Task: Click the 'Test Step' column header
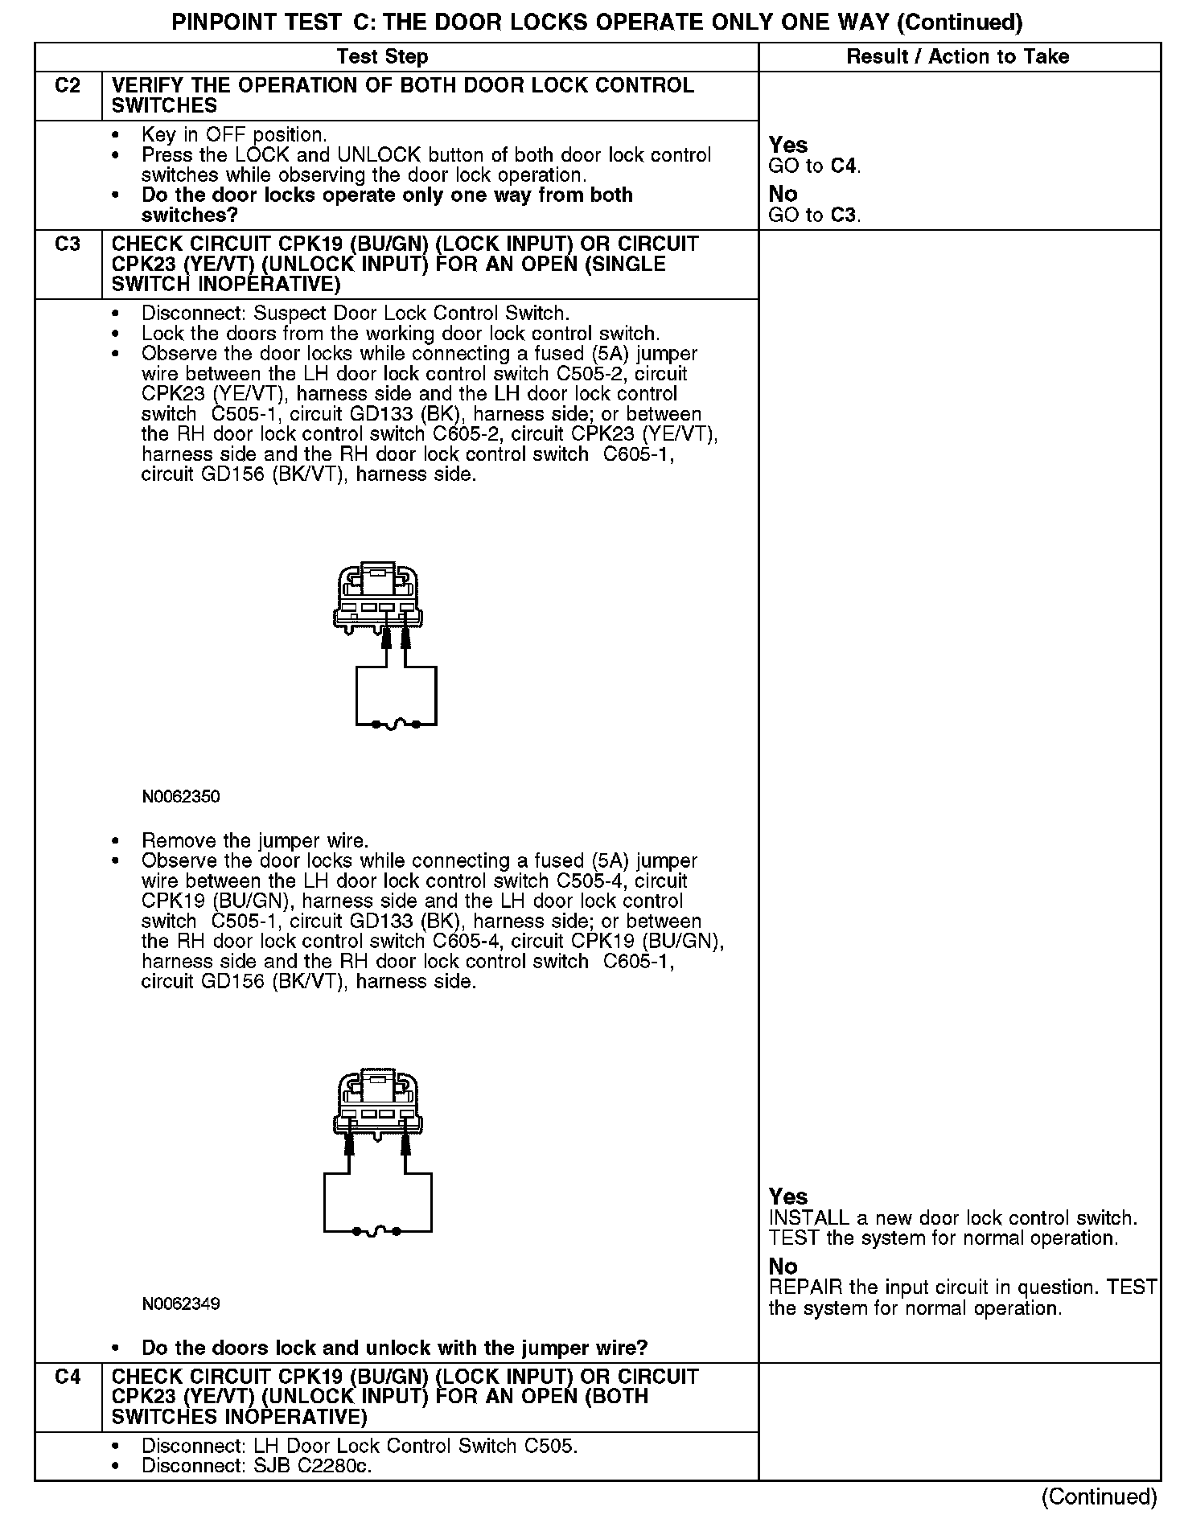click(382, 56)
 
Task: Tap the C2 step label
click(68, 86)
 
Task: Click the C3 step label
click(68, 244)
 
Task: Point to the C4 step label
click(68, 1377)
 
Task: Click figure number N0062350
click(181, 797)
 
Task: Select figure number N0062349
click(181, 1303)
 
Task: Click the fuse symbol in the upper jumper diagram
click(397, 725)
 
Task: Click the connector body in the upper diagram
click(378, 595)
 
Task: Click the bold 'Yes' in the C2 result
click(788, 145)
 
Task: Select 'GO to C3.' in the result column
click(815, 216)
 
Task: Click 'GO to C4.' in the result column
click(815, 166)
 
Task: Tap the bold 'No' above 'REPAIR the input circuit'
click(783, 1267)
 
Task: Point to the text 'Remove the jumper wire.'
click(255, 841)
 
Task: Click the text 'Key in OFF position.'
click(234, 135)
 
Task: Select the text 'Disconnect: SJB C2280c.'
click(257, 1466)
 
